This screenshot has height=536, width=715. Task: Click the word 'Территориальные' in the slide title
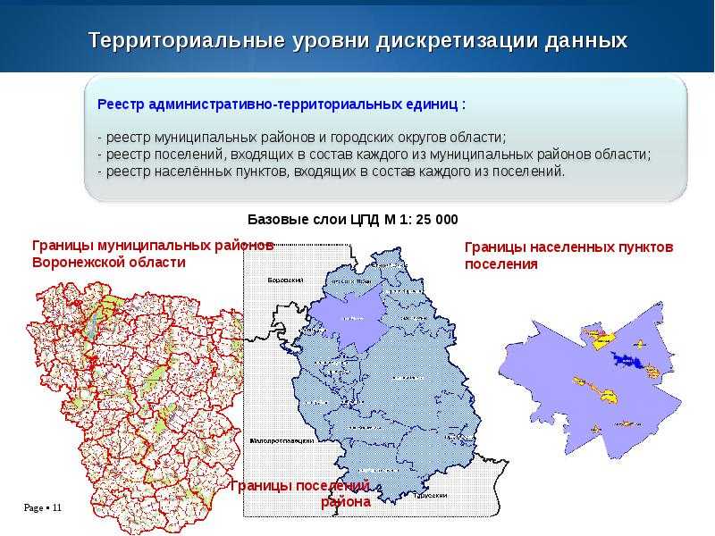pyautogui.click(x=182, y=41)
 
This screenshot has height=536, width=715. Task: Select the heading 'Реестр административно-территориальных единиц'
pyautogui.click(x=282, y=105)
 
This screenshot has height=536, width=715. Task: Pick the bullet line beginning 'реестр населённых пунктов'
pyautogui.click(x=332, y=172)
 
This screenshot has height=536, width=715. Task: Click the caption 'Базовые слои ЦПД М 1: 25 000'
pyautogui.click(x=352, y=219)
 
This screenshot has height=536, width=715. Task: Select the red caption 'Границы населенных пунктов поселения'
pyautogui.click(x=568, y=255)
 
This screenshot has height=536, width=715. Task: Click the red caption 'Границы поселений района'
pyautogui.click(x=301, y=493)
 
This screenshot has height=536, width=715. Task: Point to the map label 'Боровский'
pyautogui.click(x=286, y=280)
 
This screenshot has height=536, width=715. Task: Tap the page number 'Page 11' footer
pyautogui.click(x=42, y=508)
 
